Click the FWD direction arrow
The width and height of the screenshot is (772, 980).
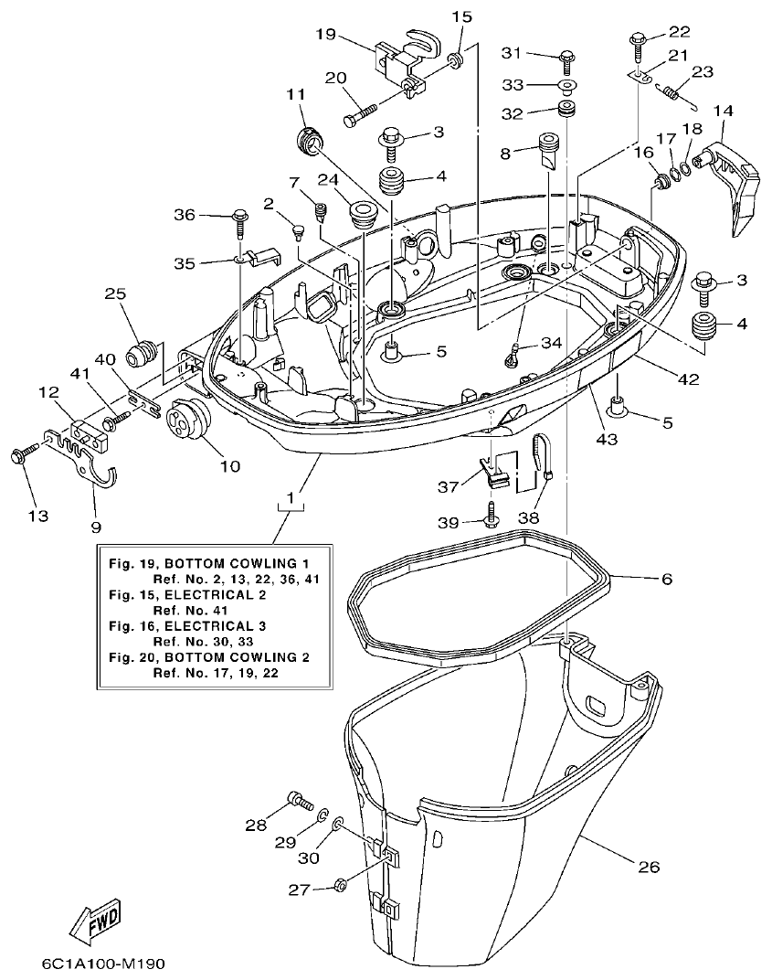(95, 923)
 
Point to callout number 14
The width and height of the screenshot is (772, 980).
(723, 111)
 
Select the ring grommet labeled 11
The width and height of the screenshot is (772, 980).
(310, 142)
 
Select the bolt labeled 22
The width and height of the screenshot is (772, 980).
(637, 40)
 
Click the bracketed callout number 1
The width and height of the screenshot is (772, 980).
(291, 498)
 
